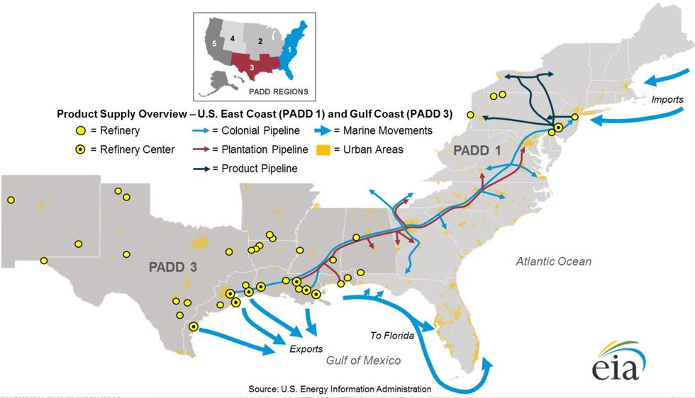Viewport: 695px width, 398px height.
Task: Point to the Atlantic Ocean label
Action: coord(553,261)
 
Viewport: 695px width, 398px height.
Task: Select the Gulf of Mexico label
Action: coord(363,360)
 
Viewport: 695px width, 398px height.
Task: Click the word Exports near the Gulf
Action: coord(306,348)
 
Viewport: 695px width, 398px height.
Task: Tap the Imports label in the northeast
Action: coord(667,100)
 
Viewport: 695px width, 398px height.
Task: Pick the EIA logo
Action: coord(618,363)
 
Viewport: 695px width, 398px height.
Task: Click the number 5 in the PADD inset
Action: coord(214,43)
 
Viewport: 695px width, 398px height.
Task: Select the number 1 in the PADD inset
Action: coord(289,50)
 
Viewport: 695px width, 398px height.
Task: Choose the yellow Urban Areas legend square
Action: coord(323,149)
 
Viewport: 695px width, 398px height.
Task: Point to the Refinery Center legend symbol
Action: coord(82,149)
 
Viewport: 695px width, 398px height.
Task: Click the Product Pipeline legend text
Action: coord(260,169)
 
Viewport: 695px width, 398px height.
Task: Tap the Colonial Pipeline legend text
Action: coord(260,130)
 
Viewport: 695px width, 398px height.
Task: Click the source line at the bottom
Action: coord(340,389)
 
